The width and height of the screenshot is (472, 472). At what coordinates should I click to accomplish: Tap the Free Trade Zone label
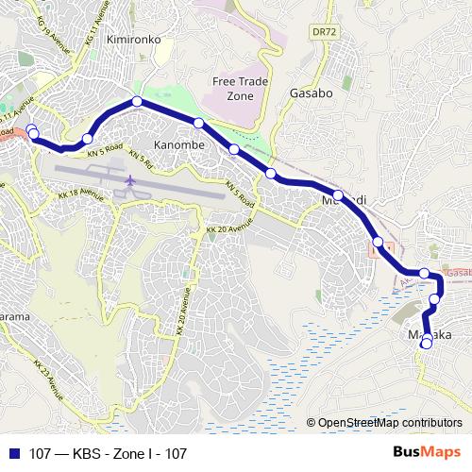236,88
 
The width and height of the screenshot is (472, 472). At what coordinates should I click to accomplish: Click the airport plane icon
129,180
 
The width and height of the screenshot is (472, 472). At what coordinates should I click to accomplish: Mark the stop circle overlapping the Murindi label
338,197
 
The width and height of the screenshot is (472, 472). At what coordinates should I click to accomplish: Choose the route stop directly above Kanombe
198,124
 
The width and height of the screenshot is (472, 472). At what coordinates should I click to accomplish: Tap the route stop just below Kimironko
137,101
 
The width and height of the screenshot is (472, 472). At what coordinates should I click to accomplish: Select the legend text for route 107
108,454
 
